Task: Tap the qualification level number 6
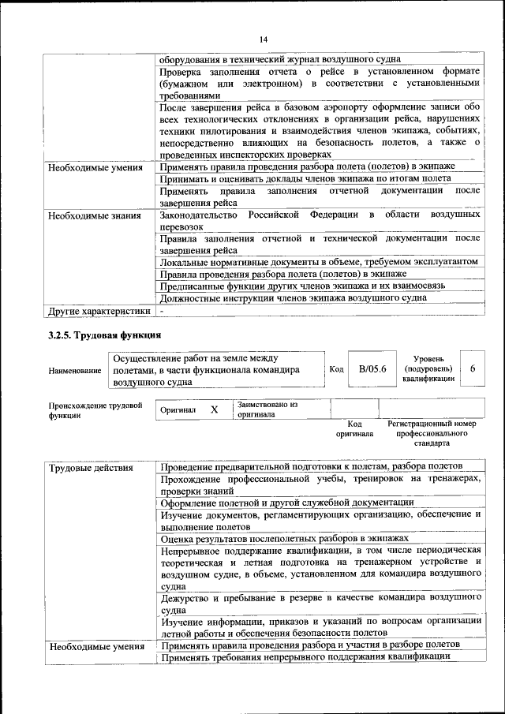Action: (472, 368)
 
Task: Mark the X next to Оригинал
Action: (214, 410)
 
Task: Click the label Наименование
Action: (75, 370)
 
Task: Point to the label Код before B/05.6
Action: (335, 369)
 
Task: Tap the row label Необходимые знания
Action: (94, 215)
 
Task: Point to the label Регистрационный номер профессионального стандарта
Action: (432, 434)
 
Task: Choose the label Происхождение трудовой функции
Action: (95, 410)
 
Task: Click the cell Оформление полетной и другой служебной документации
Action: (287, 502)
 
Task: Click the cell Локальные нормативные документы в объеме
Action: (319, 261)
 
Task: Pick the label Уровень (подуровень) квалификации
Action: (428, 368)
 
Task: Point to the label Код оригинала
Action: (353, 428)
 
